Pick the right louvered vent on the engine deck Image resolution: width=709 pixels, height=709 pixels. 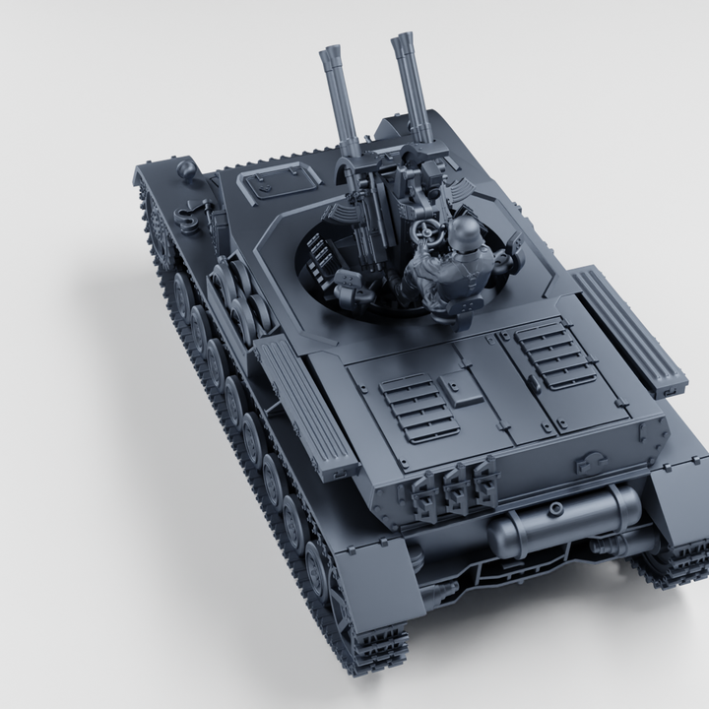click(556, 354)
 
